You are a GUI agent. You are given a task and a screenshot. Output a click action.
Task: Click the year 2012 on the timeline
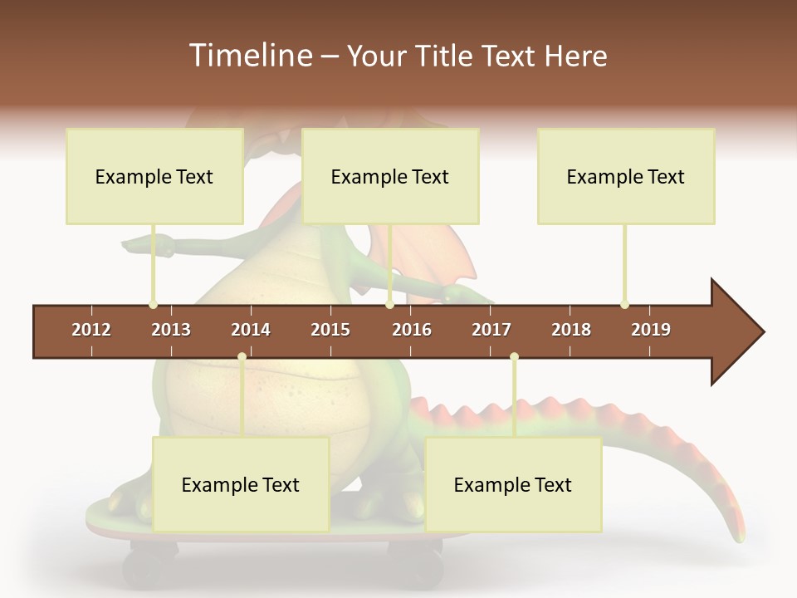click(x=91, y=330)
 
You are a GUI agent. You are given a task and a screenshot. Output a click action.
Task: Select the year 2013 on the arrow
click(x=171, y=330)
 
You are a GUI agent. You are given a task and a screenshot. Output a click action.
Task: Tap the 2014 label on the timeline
click(x=251, y=330)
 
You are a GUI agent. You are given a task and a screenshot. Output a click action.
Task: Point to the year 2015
click(x=330, y=330)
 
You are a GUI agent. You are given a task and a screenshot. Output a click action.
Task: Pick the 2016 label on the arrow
click(x=412, y=330)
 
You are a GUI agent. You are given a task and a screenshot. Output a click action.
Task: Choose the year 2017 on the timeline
click(x=491, y=330)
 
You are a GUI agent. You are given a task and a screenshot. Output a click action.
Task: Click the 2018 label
click(x=571, y=330)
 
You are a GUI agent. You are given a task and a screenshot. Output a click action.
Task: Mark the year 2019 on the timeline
click(x=651, y=330)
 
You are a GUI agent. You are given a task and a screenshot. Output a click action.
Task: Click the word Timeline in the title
click(x=249, y=56)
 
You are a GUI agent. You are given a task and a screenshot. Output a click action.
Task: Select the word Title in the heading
click(x=445, y=56)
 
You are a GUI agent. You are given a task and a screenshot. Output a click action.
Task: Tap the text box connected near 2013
click(x=154, y=176)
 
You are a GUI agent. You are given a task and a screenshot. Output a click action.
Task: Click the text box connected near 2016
click(x=390, y=176)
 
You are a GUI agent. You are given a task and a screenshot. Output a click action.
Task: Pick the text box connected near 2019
click(x=626, y=176)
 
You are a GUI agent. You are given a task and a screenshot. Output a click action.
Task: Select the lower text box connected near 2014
click(x=241, y=484)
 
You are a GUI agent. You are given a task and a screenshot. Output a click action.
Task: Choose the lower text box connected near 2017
click(x=513, y=484)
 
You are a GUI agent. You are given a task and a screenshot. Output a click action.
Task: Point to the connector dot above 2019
click(x=624, y=305)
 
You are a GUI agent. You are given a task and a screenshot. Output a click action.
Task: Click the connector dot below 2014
click(x=242, y=357)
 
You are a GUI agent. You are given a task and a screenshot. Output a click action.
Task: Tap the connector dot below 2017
click(x=514, y=357)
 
